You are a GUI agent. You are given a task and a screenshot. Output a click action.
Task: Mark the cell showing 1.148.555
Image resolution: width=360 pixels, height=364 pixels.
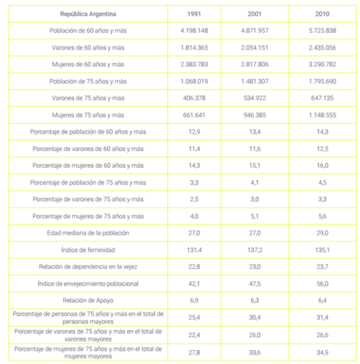pyautogui.click(x=321, y=114)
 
